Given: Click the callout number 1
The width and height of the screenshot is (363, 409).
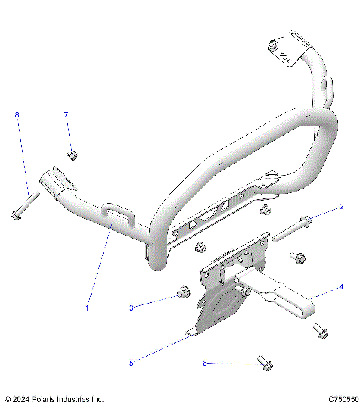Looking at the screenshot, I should pyautogui.click(x=87, y=308).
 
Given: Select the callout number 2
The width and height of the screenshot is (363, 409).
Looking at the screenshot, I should pyautogui.click(x=341, y=206).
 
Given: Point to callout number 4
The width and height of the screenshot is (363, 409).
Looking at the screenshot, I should pyautogui.click(x=341, y=287).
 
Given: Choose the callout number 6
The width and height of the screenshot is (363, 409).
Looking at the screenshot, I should pyautogui.click(x=204, y=363).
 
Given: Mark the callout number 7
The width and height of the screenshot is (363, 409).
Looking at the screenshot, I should pyautogui.click(x=66, y=114).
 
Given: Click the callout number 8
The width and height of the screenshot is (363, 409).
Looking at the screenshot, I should pyautogui.click(x=17, y=114).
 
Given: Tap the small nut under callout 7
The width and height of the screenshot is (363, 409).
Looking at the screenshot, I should pyautogui.click(x=73, y=155).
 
